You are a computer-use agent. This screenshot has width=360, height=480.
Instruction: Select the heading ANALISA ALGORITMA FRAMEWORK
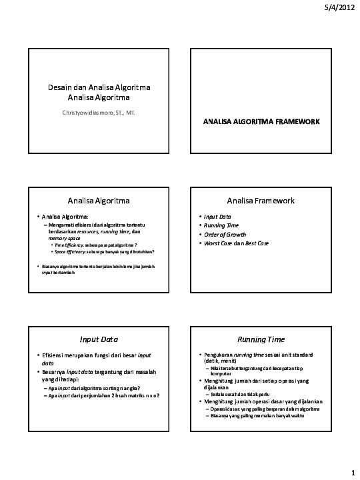pos(261,122)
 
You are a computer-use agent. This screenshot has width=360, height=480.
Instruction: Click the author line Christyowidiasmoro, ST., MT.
pos(98,113)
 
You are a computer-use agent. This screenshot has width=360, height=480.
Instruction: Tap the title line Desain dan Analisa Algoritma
pos(99,87)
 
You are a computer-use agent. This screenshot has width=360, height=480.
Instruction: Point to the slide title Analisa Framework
pos(261,200)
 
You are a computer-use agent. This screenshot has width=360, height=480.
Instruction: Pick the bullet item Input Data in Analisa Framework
pos(217,217)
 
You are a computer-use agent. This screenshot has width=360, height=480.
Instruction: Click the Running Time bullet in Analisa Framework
pos(221,225)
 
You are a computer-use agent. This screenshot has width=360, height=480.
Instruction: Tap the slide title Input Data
pos(99,339)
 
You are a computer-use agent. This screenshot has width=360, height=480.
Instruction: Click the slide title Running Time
pos(261,339)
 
